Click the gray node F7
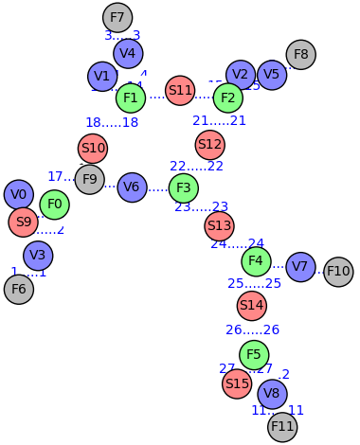(117, 17)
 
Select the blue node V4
(128, 53)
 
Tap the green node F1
(131, 98)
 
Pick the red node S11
(180, 91)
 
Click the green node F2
(227, 98)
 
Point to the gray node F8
(300, 54)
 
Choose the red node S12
(209, 145)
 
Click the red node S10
(93, 148)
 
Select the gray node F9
(89, 179)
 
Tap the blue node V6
(132, 187)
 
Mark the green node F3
(184, 187)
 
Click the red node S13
(219, 225)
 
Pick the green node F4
(256, 260)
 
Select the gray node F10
(338, 272)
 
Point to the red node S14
(251, 305)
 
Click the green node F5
(254, 355)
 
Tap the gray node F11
(282, 427)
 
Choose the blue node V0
(19, 194)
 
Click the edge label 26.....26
(253, 330)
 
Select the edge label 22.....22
(197, 167)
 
